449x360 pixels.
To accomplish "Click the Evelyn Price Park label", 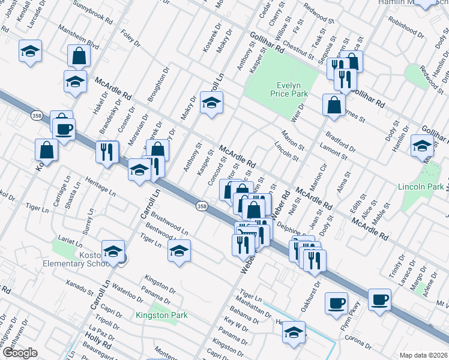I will coord(288,89).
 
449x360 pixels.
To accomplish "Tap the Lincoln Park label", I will coord(420,187).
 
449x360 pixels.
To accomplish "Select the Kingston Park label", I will coord(161,315).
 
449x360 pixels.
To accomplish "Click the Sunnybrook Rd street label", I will coord(92,14).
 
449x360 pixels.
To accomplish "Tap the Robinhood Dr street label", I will coord(405,26).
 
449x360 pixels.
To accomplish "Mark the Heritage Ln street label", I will coord(100,186).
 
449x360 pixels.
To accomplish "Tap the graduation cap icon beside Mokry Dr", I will coord(211,103).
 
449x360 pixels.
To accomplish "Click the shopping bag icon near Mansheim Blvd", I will coord(79,56).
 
